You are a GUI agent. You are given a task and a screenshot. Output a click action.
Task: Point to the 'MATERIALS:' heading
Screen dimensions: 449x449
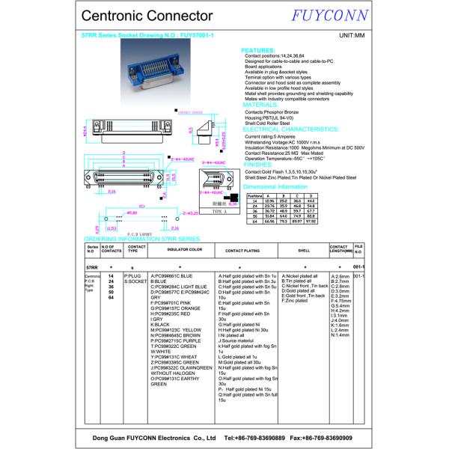(261, 105)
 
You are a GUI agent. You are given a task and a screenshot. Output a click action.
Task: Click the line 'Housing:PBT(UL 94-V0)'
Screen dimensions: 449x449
(273, 117)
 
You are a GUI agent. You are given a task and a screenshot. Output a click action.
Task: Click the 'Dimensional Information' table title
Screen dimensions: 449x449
(276, 186)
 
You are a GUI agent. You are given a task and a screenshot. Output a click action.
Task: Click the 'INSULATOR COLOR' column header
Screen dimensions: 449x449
(184, 249)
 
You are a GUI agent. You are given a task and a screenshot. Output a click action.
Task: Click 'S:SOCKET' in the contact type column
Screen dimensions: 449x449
(135, 281)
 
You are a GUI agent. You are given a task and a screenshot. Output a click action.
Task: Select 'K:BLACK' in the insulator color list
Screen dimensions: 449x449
(161, 324)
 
